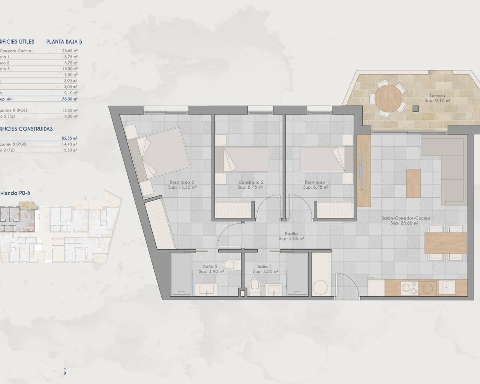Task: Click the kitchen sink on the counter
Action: [x=448, y=288]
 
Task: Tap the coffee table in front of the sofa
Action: [x=413, y=183]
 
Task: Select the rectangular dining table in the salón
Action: [x=445, y=243]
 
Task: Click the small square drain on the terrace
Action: [x=415, y=109]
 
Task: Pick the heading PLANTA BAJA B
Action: [x=64, y=42]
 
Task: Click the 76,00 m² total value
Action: [x=70, y=99]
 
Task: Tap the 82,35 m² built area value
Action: [x=69, y=138]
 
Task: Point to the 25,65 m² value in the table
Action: [x=70, y=51]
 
